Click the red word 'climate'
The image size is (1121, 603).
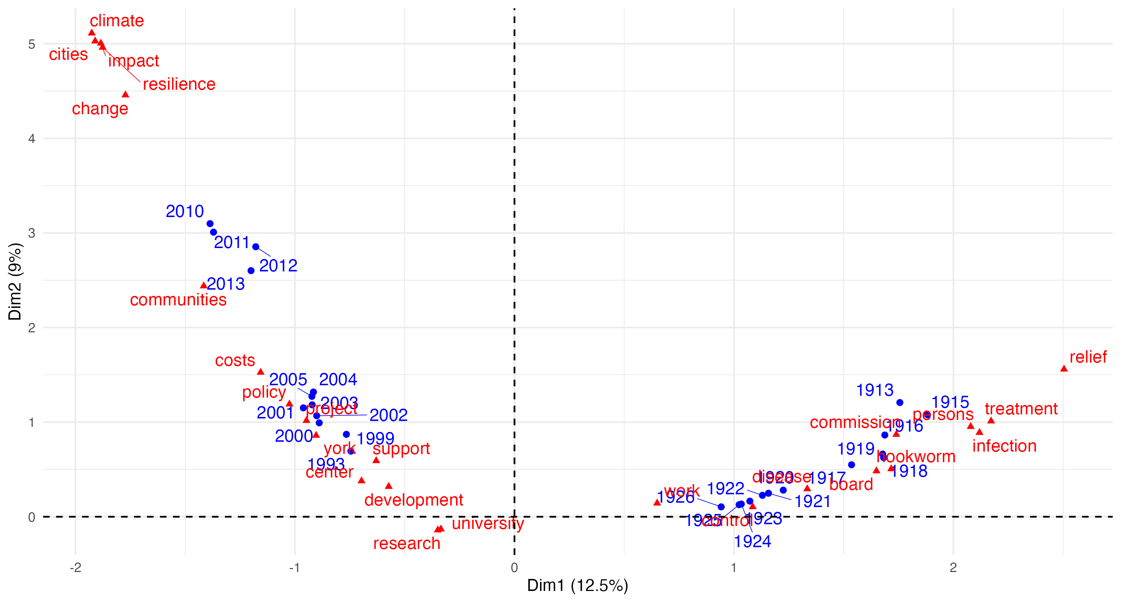(116, 21)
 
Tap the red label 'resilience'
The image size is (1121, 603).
(179, 84)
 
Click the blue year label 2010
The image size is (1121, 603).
(184, 211)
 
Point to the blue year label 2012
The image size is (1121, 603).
(278, 266)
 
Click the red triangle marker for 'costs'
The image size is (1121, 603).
(261, 372)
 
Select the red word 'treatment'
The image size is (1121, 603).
(1021, 409)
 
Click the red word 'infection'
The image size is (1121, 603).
(1005, 446)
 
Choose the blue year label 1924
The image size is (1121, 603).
(753, 541)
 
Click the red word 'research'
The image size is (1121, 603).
(406, 544)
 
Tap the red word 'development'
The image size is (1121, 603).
(413, 500)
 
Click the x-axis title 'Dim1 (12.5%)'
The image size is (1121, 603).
(577, 585)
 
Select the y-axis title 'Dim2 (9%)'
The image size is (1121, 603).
(15, 282)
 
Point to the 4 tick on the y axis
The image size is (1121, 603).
(32, 139)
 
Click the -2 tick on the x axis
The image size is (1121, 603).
(75, 568)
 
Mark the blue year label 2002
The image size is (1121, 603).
(388, 415)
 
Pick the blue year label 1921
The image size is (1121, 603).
(812, 502)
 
